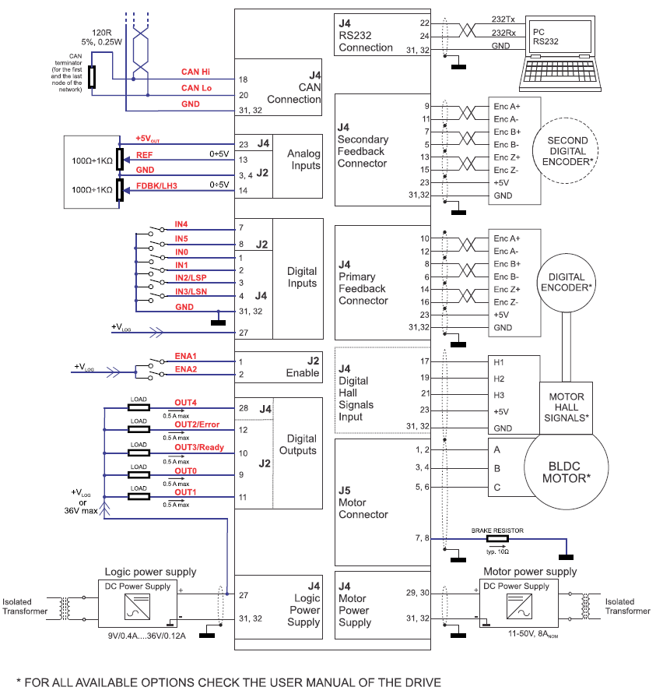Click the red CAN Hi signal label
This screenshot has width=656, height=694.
[196, 72]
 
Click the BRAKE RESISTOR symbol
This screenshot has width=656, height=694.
[496, 538]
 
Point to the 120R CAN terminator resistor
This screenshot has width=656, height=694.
[93, 76]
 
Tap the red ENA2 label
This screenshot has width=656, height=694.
[185, 368]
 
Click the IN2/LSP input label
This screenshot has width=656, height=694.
[191, 277]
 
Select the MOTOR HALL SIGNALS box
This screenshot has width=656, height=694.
[566, 407]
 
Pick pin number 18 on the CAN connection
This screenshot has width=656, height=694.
[244, 80]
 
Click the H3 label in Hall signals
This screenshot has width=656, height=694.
[498, 394]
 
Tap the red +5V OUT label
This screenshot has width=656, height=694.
[148, 138]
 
